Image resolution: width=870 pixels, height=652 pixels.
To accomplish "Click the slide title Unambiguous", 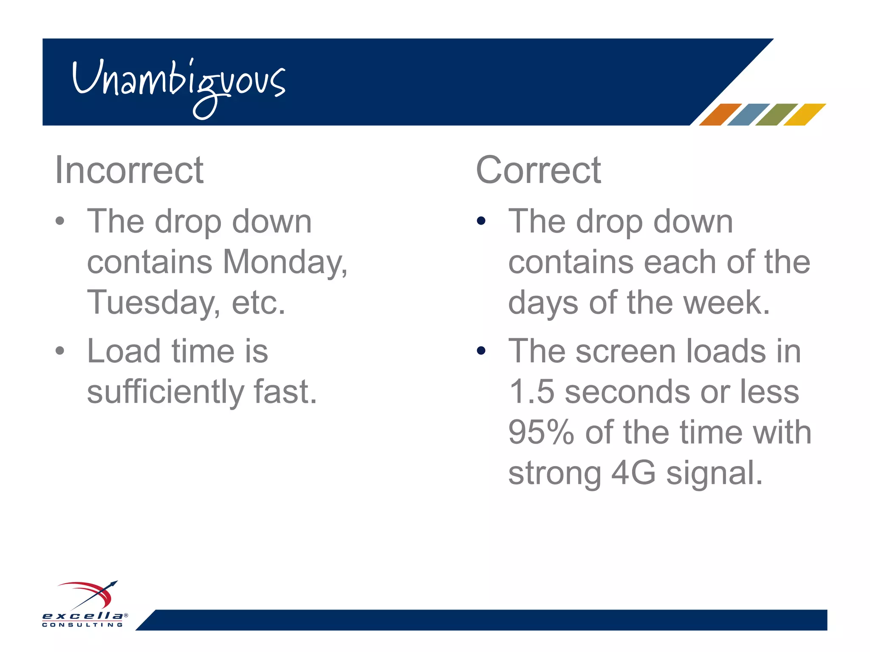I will click(178, 83).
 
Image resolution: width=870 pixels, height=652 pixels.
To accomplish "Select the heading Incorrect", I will click(129, 170).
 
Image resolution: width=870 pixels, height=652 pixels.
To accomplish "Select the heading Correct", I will click(538, 170).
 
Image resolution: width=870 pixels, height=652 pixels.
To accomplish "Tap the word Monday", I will click(285, 262).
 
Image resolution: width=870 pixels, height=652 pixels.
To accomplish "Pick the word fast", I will click(285, 391).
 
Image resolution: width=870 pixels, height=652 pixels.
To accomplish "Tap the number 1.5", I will click(531, 391).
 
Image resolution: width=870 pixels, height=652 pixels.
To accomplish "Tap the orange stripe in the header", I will click(720, 114).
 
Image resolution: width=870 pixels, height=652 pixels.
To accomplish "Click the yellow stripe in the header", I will click(805, 114).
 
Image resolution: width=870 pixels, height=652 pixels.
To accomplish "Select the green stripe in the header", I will click(777, 114).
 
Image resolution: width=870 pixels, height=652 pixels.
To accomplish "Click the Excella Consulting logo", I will click(85, 605).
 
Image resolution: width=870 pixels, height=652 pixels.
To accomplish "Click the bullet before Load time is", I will click(60, 351).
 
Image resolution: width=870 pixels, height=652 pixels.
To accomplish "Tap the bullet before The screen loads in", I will click(481, 351).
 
